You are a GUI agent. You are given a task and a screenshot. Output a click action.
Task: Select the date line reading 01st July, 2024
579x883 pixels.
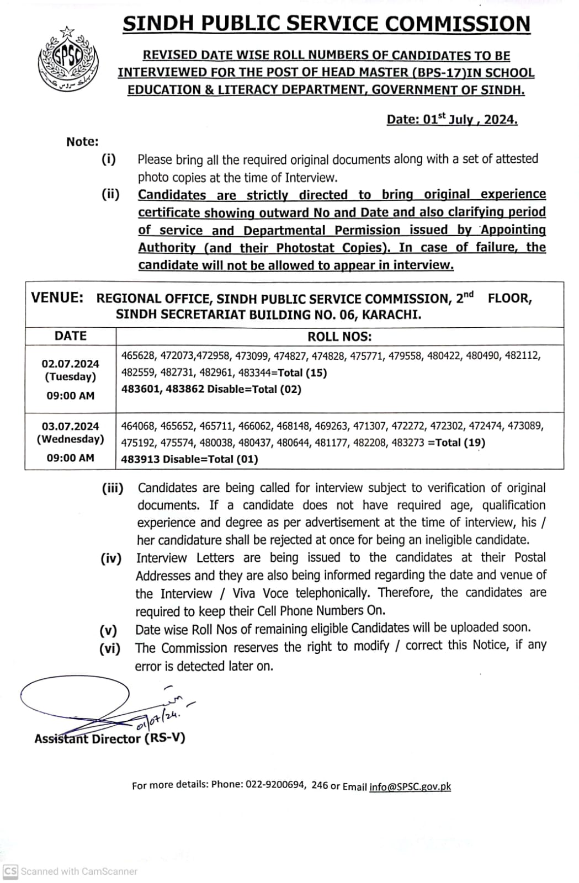point(452,120)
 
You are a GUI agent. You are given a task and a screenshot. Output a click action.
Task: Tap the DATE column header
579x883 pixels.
point(71,336)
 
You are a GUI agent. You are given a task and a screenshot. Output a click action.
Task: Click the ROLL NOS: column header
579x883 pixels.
point(339,336)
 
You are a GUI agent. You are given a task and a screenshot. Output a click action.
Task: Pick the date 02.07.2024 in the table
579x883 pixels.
point(71,364)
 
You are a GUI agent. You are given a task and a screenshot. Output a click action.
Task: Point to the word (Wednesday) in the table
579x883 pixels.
point(71,439)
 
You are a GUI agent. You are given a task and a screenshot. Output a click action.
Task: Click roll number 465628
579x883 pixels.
point(139,355)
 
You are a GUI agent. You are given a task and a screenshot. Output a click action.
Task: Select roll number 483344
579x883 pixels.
point(255,373)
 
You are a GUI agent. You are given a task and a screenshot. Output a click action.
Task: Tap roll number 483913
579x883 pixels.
point(140,459)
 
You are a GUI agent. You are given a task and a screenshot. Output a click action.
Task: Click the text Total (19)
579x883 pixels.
point(460,442)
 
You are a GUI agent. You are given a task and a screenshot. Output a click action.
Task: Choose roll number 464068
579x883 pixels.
point(139,425)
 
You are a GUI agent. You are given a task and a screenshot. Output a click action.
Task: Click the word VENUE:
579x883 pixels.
point(57,297)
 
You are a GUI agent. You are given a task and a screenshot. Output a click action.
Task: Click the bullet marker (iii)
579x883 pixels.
point(113,488)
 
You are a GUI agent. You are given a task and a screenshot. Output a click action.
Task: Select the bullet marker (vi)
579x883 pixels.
point(110,648)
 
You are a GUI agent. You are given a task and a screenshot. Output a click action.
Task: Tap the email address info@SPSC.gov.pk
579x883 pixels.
point(410,786)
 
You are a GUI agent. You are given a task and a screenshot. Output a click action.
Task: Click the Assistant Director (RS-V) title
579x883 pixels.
point(110,738)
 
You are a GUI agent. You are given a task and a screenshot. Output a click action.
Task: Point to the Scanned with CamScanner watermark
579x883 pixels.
point(71,871)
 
